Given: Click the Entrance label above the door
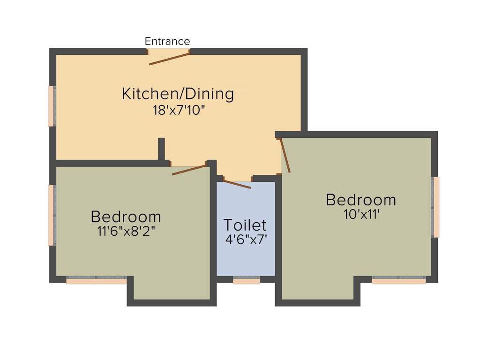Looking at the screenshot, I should [x=167, y=41].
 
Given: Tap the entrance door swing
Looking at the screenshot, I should [x=169, y=59].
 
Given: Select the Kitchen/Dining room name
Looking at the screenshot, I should [x=178, y=94].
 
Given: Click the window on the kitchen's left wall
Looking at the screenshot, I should [x=52, y=106].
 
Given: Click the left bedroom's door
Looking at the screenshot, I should [x=189, y=170].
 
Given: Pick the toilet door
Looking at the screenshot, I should [x=237, y=184].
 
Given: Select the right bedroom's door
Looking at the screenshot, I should [x=285, y=155].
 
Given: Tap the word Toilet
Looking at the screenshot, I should [x=245, y=225].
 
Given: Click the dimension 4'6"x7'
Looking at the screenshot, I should [x=246, y=240].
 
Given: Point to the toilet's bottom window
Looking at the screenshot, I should [x=247, y=280].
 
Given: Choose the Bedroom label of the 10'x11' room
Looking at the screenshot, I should [x=361, y=200].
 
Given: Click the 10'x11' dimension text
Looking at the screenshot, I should [x=361, y=215].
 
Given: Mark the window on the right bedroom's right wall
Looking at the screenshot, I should [x=436, y=207].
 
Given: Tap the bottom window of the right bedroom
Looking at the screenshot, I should [x=399, y=280].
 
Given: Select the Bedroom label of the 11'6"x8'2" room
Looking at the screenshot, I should [x=126, y=217].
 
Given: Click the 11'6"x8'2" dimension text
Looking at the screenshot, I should [x=126, y=231].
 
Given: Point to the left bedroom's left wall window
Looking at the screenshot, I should [x=52, y=215].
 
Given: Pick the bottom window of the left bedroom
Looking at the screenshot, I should [x=96, y=280].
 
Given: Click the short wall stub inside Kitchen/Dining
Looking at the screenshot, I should [x=161, y=149].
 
